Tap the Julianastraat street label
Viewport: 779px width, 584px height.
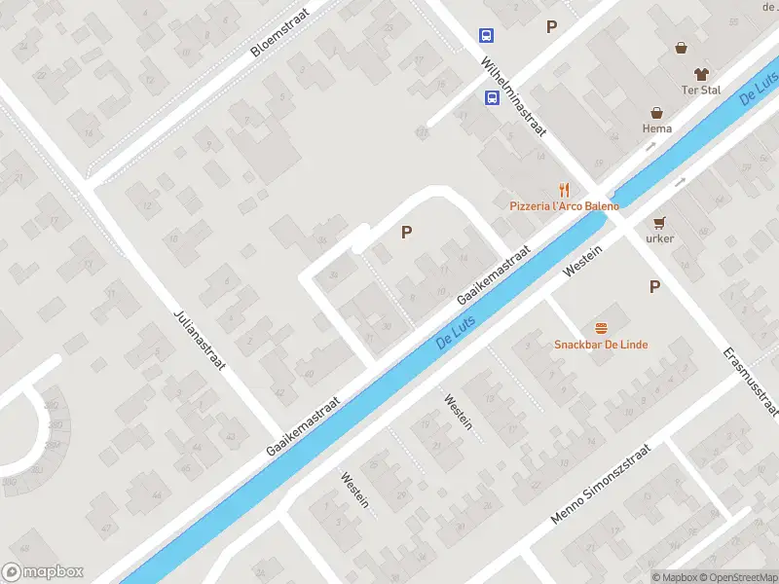pyautogui.click(x=200, y=342)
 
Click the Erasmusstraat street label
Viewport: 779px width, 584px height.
pyautogui.click(x=751, y=381)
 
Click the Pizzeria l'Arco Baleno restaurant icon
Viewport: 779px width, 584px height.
pyautogui.click(x=563, y=190)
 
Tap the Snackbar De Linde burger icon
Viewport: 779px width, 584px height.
pyautogui.click(x=601, y=328)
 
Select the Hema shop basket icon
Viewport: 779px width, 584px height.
pyautogui.click(x=657, y=113)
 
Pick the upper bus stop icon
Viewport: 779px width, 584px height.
pyautogui.click(x=486, y=36)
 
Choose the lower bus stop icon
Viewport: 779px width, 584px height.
pyautogui.click(x=493, y=97)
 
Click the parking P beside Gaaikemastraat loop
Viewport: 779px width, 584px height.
pyautogui.click(x=405, y=233)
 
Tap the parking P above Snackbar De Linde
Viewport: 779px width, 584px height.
pyautogui.click(x=654, y=286)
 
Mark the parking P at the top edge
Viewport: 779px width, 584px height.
pyautogui.click(x=551, y=27)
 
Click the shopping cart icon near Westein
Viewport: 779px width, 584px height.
pyautogui.click(x=659, y=221)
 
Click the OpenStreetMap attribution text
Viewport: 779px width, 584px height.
pyautogui.click(x=736, y=576)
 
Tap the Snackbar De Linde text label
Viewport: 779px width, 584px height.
pyautogui.click(x=601, y=345)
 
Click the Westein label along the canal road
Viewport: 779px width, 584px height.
pyautogui.click(x=584, y=262)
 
